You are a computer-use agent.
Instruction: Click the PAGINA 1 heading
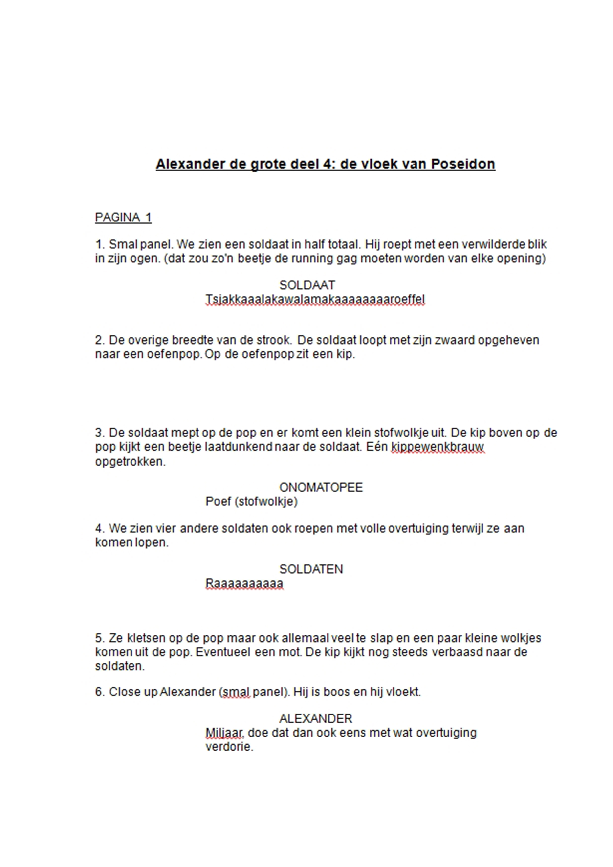[x=123, y=217]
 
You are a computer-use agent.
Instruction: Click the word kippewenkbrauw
[x=437, y=447]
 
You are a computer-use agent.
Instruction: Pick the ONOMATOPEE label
[x=321, y=487]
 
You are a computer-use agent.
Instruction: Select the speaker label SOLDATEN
[x=311, y=569]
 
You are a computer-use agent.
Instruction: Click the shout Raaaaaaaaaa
[x=244, y=584]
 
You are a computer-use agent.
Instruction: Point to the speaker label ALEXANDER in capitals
[x=315, y=718]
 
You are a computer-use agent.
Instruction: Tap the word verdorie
[x=229, y=747]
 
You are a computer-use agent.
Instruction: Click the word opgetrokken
[x=130, y=461]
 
